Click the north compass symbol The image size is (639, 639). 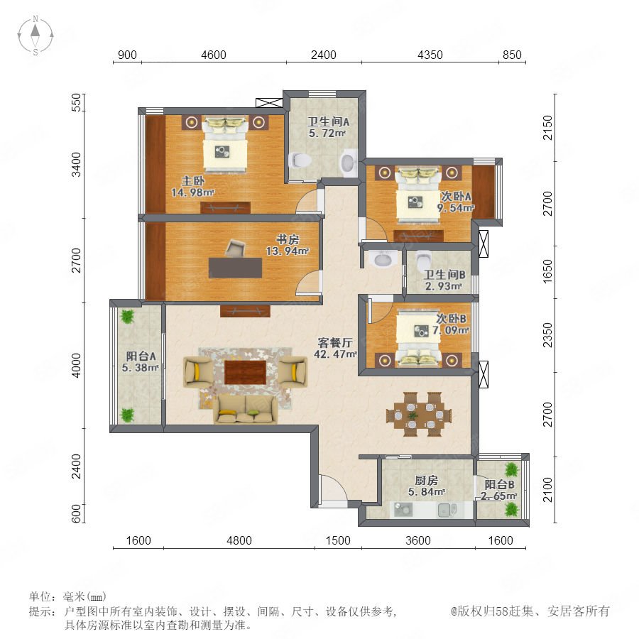tap(35, 35)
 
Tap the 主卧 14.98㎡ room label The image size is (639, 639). tap(192, 186)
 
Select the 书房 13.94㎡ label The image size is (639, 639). tap(288, 245)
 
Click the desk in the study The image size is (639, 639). tap(235, 268)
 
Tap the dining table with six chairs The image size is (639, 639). tap(419, 415)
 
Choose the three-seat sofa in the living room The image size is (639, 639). tap(246, 409)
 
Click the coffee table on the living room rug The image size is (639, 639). tap(246, 371)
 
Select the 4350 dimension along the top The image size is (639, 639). tap(430, 55)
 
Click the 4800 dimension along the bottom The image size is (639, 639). tap(239, 540)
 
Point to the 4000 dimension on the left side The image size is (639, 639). tap(76, 365)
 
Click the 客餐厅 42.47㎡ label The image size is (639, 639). tap(335, 349)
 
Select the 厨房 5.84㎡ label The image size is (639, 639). tap(426, 486)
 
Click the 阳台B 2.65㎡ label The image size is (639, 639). tap(499, 490)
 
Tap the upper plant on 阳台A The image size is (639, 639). tap(128, 316)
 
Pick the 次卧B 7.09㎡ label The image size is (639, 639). tap(451, 324)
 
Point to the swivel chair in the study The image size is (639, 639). tap(235, 248)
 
